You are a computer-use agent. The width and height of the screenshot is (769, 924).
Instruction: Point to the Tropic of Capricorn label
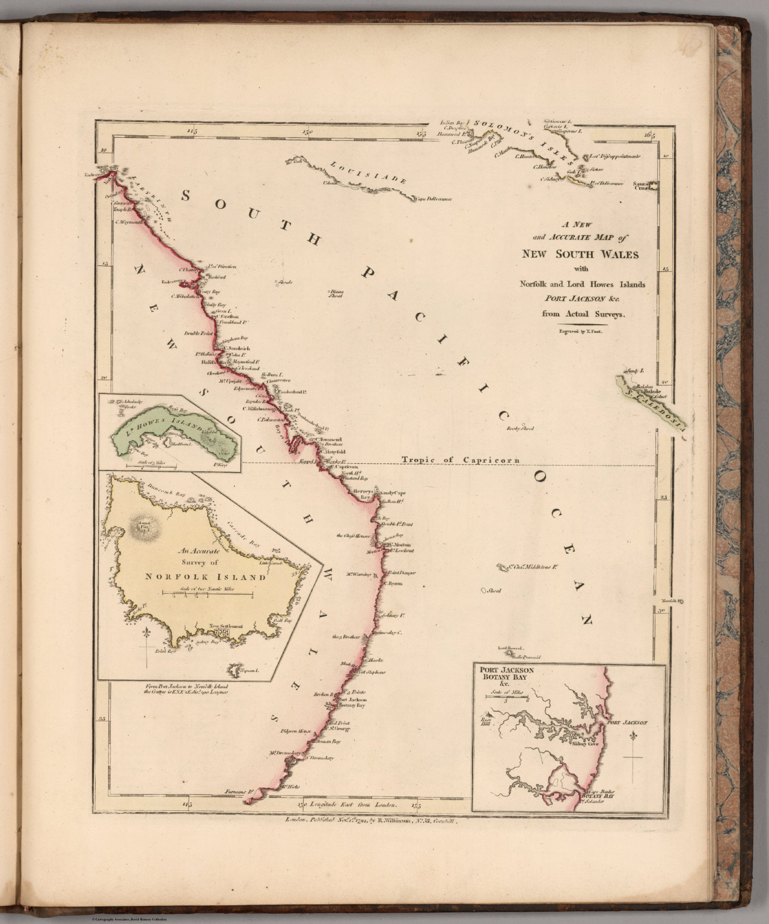(460, 461)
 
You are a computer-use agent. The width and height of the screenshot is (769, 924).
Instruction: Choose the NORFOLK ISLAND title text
(206, 576)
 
